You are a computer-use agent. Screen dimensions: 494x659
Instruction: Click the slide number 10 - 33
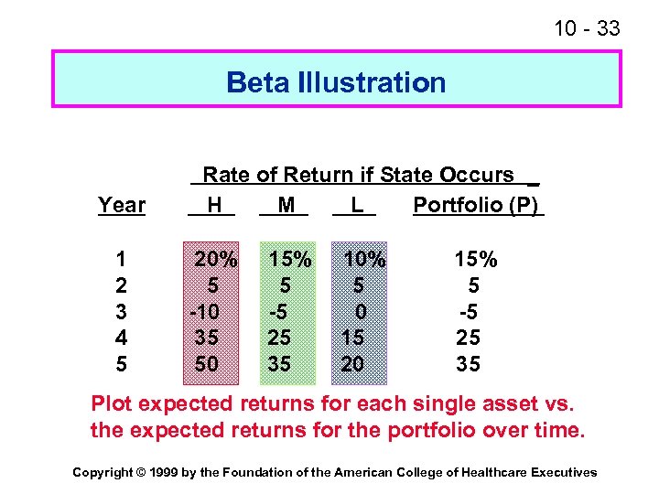point(587,29)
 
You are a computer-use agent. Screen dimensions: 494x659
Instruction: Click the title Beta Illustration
point(336,83)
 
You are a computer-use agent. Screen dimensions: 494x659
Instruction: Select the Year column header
point(122,205)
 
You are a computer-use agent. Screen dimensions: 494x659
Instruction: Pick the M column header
point(286,205)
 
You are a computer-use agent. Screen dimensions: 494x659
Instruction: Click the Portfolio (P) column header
point(476,204)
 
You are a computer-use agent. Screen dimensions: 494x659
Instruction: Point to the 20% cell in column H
point(215,260)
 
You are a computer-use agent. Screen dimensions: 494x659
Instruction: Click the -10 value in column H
point(206,312)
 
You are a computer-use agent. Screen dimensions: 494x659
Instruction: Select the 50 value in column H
point(206,364)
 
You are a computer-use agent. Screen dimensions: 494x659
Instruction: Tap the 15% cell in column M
point(289,260)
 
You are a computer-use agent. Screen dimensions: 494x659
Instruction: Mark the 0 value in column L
point(361,312)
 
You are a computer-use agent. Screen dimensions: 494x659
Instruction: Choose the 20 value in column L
point(352,364)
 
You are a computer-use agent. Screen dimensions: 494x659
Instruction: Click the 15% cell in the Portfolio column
point(476,260)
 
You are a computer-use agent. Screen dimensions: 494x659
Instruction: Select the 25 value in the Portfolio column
point(469,338)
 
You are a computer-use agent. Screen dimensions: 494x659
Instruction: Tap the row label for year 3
point(122,312)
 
